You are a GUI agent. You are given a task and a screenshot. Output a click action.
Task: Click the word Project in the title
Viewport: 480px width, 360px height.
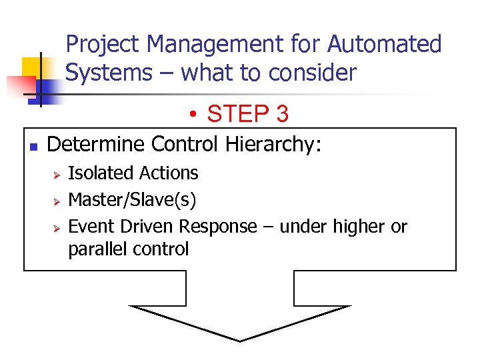[103, 45]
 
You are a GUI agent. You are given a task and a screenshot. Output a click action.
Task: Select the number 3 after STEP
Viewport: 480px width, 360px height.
[282, 115]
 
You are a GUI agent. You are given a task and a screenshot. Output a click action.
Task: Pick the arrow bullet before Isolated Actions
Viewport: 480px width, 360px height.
[57, 174]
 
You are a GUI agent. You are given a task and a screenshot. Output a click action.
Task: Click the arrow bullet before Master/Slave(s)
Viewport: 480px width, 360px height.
[57, 201]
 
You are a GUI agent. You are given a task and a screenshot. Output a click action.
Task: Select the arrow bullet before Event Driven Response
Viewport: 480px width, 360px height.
[57, 227]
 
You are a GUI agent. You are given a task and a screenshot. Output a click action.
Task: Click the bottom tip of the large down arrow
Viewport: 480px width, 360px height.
[240, 339]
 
